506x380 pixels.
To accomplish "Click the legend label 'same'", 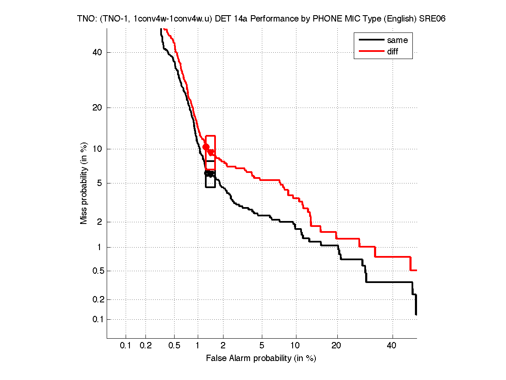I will (397, 40).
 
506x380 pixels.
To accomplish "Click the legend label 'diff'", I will (393, 51).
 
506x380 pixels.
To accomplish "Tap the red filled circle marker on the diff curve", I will (206, 147).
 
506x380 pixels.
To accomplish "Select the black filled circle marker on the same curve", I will (207, 173).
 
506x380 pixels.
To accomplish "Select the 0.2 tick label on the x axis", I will (145, 346).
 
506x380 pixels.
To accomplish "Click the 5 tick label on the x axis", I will (262, 346).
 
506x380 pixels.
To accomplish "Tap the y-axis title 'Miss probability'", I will (84, 183).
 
